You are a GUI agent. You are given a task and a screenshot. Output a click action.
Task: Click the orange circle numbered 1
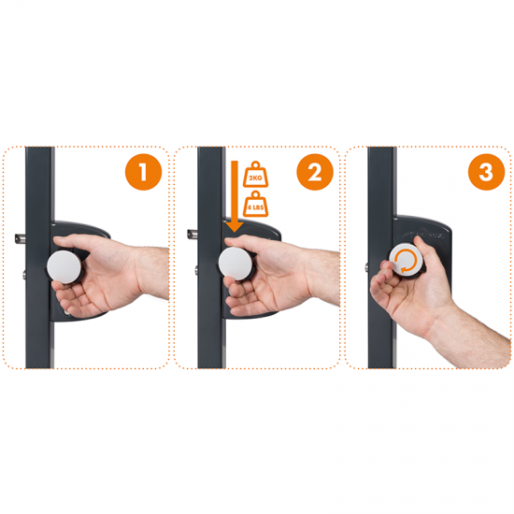(143, 172)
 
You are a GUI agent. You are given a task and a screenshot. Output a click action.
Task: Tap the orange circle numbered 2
(315, 172)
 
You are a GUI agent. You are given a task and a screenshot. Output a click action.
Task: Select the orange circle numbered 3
(486, 172)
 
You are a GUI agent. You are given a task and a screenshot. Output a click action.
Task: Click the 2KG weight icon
(255, 175)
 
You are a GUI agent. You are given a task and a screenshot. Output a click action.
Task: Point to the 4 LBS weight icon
(255, 204)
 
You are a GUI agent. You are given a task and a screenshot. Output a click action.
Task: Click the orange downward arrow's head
(235, 227)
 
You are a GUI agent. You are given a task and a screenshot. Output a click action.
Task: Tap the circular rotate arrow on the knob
(406, 261)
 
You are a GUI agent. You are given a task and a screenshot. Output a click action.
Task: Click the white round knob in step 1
(64, 265)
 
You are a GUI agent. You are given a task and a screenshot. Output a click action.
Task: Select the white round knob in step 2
(235, 264)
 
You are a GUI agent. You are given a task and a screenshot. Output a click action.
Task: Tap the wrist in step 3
(450, 324)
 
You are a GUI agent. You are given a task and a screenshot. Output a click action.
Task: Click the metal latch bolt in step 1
(20, 238)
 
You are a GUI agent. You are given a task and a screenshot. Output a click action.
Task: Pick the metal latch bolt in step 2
(193, 234)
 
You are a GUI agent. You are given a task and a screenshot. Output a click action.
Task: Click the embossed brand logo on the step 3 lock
(427, 235)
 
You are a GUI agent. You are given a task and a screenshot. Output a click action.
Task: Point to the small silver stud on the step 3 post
(366, 267)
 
